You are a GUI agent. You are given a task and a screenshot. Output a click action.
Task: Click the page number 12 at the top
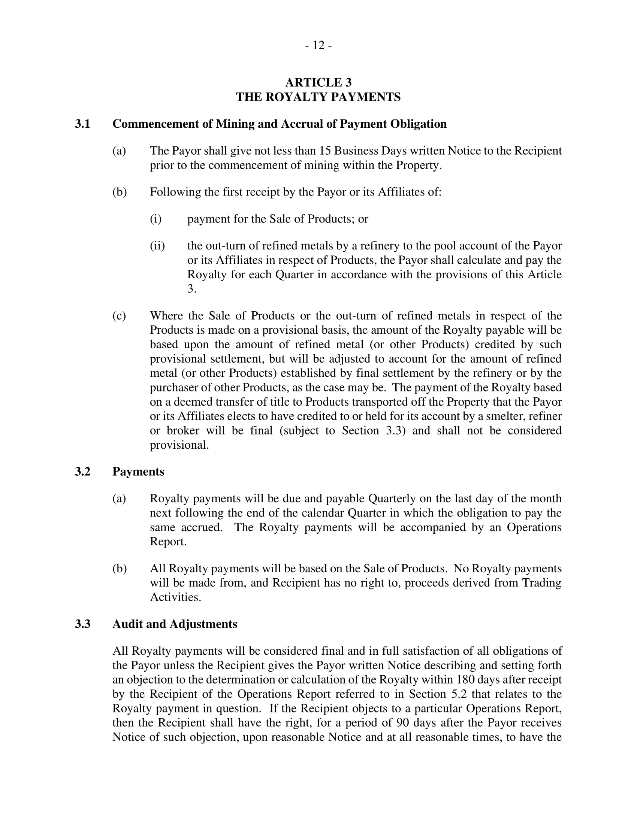[x=318, y=45]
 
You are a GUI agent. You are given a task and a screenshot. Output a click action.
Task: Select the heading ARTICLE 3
[x=318, y=82]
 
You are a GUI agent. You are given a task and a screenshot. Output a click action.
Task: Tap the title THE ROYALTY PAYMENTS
[x=318, y=97]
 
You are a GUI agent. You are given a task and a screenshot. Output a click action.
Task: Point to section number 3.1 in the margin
[x=82, y=124]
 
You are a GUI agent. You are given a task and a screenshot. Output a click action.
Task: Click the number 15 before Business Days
[x=325, y=151]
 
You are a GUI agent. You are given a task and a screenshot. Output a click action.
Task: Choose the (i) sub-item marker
[x=156, y=219]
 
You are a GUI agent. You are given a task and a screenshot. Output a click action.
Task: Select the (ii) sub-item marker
[x=157, y=246]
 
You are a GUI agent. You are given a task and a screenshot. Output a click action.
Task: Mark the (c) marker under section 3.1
[x=119, y=315]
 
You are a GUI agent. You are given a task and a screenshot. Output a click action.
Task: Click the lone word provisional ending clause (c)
[x=179, y=445]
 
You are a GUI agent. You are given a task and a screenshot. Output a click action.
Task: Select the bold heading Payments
[x=138, y=472]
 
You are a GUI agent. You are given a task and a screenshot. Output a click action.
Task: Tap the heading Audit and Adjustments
[x=175, y=624]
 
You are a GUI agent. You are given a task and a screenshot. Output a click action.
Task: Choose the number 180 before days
[x=465, y=679]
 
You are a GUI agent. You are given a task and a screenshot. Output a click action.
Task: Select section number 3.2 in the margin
[x=82, y=472]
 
